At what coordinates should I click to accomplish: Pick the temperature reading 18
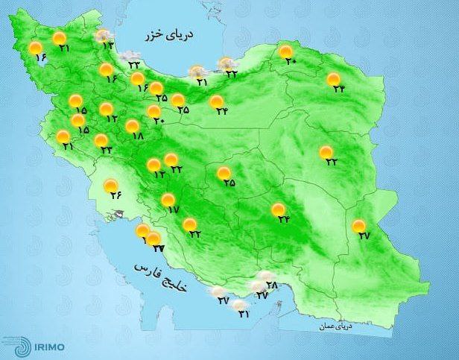[x=136, y=136]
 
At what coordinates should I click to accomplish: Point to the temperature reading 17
[x=174, y=211]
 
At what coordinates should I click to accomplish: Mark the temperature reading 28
[x=271, y=285]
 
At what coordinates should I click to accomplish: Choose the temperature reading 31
[x=243, y=314]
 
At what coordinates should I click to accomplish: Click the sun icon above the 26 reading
[x=110, y=186]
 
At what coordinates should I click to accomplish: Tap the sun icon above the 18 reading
[x=133, y=126]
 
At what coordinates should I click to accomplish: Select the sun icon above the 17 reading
[x=168, y=200]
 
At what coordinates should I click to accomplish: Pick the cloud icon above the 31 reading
[x=238, y=303]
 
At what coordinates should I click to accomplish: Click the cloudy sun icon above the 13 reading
[x=104, y=36]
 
